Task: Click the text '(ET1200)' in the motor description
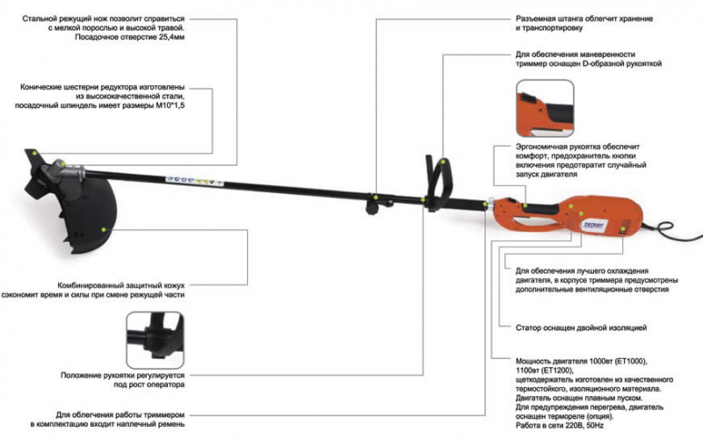click(550, 371)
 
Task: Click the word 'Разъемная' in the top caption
click(539, 17)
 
